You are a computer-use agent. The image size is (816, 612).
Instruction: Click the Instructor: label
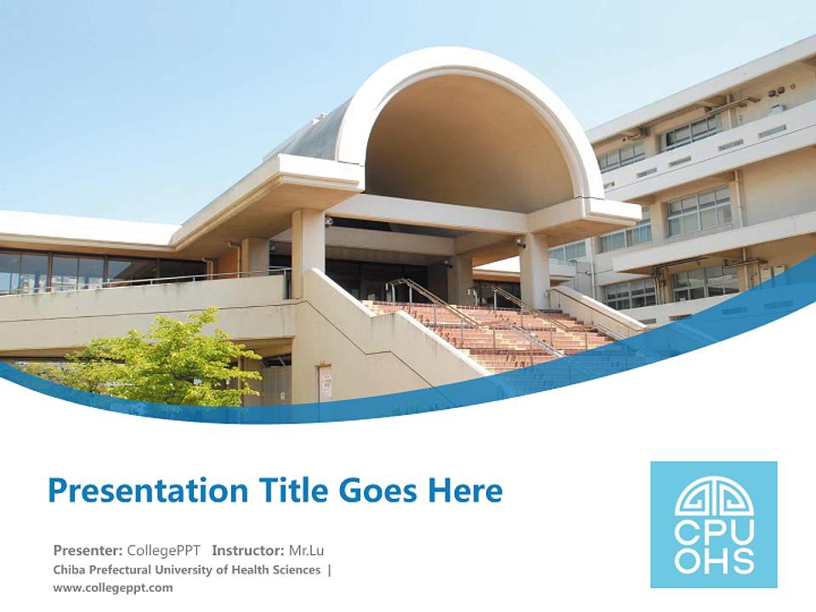(248, 549)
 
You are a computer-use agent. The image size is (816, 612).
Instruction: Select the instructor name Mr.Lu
(306, 549)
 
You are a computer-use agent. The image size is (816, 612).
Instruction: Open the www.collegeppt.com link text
(112, 587)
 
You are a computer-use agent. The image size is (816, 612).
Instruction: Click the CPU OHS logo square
(713, 524)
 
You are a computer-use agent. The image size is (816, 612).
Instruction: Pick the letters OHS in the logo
(714, 558)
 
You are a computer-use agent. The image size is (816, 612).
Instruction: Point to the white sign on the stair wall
(326, 383)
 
